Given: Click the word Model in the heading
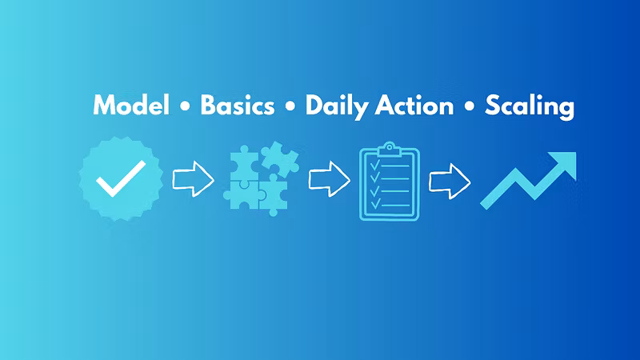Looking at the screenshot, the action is pyautogui.click(x=131, y=106).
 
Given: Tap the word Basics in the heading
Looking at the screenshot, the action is pyautogui.click(x=237, y=106).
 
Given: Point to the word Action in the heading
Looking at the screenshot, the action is pyautogui.click(x=414, y=106).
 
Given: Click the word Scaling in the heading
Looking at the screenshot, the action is pyautogui.click(x=530, y=106).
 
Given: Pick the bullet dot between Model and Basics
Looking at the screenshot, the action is pyautogui.click(x=185, y=106).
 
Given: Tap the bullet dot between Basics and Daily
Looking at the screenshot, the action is pyautogui.click(x=290, y=106).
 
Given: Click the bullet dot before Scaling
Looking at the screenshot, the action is pyautogui.click(x=470, y=106).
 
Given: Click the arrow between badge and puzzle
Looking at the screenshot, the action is pyautogui.click(x=193, y=178).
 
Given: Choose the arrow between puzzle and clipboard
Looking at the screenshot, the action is pyautogui.click(x=329, y=178).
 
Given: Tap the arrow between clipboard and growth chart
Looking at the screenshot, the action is pyautogui.click(x=450, y=182).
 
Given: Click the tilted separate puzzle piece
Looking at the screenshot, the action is pyautogui.click(x=280, y=158).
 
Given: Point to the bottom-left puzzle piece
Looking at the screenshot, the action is pyautogui.click(x=242, y=195).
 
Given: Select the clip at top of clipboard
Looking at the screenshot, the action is pyautogui.click(x=390, y=149).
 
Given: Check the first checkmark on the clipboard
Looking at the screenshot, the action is pyautogui.click(x=374, y=165).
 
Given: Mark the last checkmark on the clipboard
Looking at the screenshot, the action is pyautogui.click(x=374, y=203).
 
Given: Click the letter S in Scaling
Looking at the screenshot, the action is pyautogui.click(x=493, y=106).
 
